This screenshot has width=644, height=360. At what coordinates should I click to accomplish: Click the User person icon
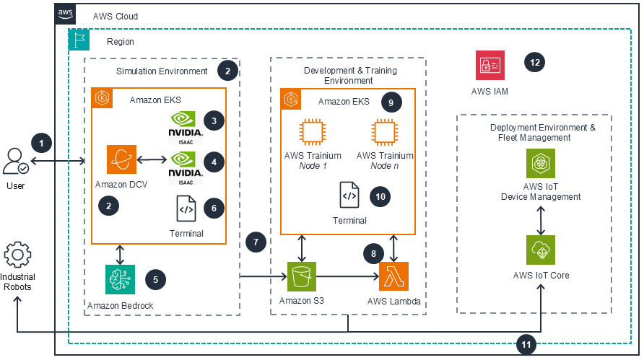[x=17, y=160]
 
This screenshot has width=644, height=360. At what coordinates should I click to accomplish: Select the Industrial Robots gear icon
[x=18, y=257]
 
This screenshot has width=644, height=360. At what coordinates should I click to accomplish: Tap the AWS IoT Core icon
[x=541, y=250]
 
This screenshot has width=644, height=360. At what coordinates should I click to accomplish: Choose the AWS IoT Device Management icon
[x=541, y=164]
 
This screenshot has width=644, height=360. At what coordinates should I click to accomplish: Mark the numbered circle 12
[x=535, y=63]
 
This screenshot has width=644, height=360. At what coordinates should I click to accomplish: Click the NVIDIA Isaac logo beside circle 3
[x=186, y=123]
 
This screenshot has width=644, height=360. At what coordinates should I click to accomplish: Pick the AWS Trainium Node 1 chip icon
[x=313, y=133]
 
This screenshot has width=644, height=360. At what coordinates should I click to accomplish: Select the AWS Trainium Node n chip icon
[x=385, y=133]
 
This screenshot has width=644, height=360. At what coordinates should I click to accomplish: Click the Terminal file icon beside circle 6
[x=186, y=208]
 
